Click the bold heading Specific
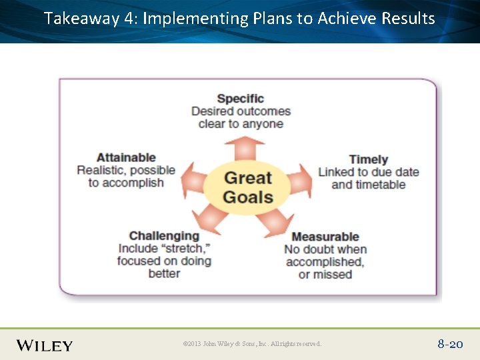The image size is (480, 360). pyautogui.click(x=241, y=99)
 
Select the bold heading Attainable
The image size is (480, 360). pyautogui.click(x=126, y=157)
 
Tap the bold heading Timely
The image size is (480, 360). pyautogui.click(x=368, y=159)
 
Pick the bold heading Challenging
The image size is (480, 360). pyautogui.click(x=164, y=235)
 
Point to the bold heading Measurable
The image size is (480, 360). pyautogui.click(x=325, y=237)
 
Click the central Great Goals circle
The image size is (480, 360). pyautogui.click(x=247, y=187)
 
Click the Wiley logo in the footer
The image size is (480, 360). pyautogui.click(x=45, y=345)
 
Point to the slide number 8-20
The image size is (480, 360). pyautogui.click(x=450, y=344)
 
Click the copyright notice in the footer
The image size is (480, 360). pyautogui.click(x=252, y=344)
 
